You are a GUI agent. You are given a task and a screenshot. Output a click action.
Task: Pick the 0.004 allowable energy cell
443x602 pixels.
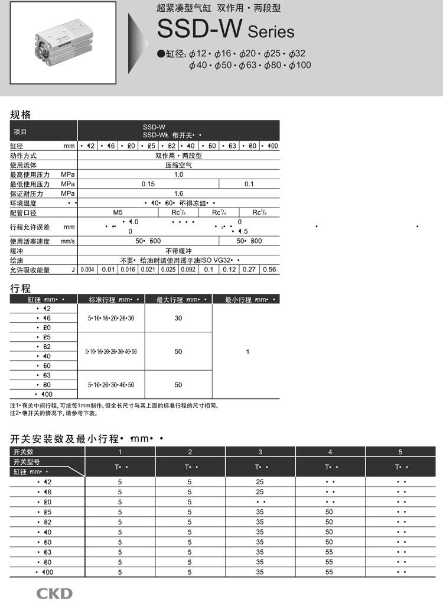[87, 270]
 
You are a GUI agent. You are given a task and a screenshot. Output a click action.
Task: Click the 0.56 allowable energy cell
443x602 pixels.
[269, 270]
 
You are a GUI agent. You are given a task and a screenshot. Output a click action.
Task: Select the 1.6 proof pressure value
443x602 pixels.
[178, 193]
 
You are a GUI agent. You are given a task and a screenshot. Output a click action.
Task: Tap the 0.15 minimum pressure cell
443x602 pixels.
[148, 184]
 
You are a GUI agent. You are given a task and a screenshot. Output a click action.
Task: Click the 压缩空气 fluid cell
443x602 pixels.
[178, 165]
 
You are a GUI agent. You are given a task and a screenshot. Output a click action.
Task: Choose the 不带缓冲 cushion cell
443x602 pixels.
[178, 251]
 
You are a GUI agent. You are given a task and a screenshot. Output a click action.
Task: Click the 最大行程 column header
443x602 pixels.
[178, 300]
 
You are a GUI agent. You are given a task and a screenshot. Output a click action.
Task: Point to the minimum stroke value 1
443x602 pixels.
[247, 352]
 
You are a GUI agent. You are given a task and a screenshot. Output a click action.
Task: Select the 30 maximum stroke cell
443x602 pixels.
[178, 318]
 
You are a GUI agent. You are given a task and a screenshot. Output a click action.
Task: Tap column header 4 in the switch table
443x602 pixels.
[330, 452]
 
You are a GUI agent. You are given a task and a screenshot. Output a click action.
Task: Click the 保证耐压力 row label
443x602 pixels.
[27, 193]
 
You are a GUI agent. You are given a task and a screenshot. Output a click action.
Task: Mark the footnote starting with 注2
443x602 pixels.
[53, 413]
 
